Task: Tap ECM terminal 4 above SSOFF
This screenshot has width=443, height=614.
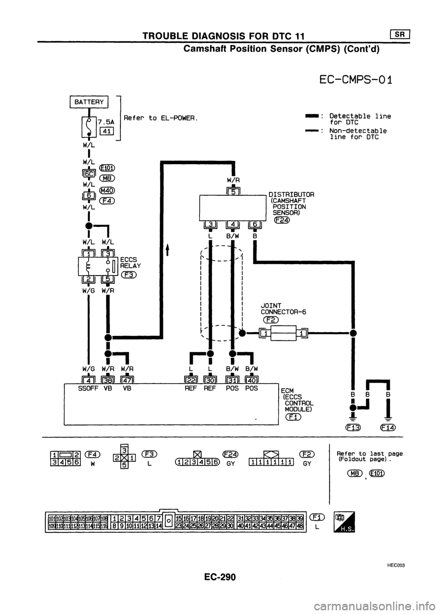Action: click(x=88, y=380)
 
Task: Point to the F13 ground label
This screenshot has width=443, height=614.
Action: click(x=356, y=427)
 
